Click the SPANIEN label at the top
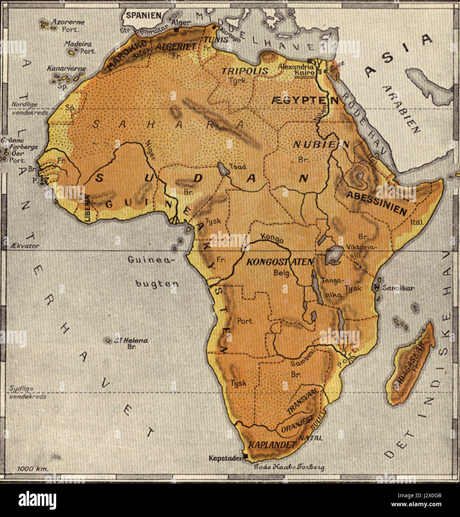click(x=143, y=15)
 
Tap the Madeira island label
click(x=77, y=44)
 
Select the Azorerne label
click(x=68, y=22)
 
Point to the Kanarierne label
click(x=66, y=68)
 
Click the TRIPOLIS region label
click(x=245, y=71)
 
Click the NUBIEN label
click(x=321, y=145)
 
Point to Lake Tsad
click(x=223, y=169)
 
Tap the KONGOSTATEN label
click(x=280, y=262)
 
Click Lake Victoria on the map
click(x=333, y=256)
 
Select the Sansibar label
click(x=398, y=288)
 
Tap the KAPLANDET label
click(x=272, y=444)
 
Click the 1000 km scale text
click(x=33, y=469)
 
